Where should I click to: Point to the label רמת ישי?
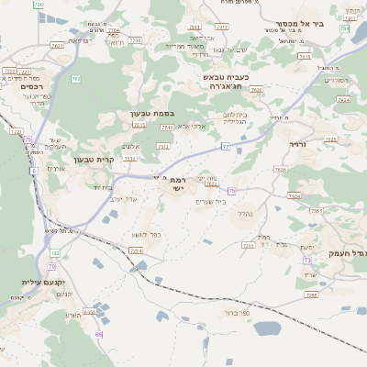pos(177,184)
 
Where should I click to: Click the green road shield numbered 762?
pos(75,79)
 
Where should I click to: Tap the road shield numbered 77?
pos(226,145)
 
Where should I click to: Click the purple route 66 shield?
pos(98,334)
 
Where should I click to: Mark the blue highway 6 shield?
pos(33,171)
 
